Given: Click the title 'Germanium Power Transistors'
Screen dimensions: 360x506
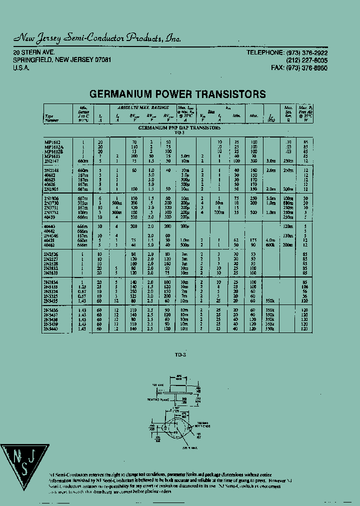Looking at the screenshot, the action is click(177, 94).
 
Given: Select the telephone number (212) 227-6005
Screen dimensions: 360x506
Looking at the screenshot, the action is click(307, 60).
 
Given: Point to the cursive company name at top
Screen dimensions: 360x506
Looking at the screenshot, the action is click(97, 38).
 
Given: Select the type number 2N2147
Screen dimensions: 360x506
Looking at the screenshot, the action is click(52, 161).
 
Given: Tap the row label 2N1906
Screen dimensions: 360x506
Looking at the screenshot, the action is click(52, 199).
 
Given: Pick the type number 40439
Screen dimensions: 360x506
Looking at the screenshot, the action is click(50, 217).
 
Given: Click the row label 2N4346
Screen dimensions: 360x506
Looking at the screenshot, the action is click(52, 235).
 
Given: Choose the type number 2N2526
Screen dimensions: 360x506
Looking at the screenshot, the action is click(52, 254).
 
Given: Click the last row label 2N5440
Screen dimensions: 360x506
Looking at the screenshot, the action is click(52, 329).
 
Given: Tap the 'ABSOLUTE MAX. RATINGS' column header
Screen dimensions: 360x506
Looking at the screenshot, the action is click(143, 107).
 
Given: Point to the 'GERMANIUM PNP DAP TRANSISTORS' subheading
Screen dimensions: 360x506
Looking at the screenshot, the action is click(179, 128).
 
